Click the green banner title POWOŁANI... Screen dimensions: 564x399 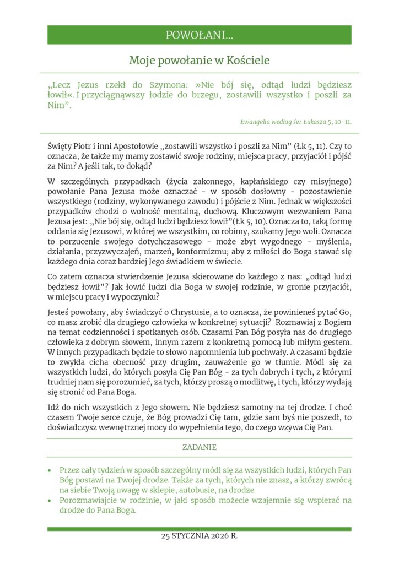199,35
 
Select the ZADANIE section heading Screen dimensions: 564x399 199,448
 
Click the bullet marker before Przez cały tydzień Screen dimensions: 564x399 50,470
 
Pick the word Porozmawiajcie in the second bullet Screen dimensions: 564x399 89,500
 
